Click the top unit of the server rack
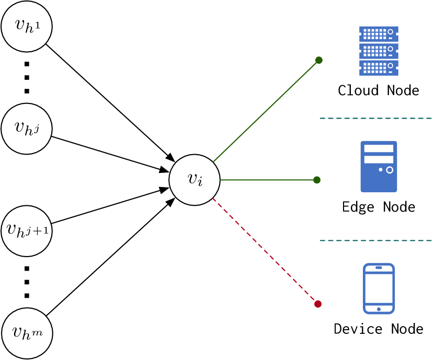coord(378,33)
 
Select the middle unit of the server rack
coord(378,51)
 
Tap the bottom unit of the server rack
coord(378,67)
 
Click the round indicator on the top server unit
coord(390,32)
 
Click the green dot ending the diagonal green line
coord(319,60)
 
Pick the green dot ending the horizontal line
coord(317,180)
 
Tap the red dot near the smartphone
coord(318,304)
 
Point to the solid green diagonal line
coord(266,111)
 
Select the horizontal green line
coord(267,180)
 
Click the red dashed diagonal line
coord(264,250)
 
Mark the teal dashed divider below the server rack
coord(375,118)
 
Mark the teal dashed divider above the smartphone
coord(375,240)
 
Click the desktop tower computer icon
coord(379,180)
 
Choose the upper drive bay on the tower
coord(379,149)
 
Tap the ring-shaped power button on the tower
coord(390,170)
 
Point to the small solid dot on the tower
coord(381,170)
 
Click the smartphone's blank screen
coord(379,287)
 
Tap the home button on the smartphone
coord(379,309)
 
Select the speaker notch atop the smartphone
coord(379,267)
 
